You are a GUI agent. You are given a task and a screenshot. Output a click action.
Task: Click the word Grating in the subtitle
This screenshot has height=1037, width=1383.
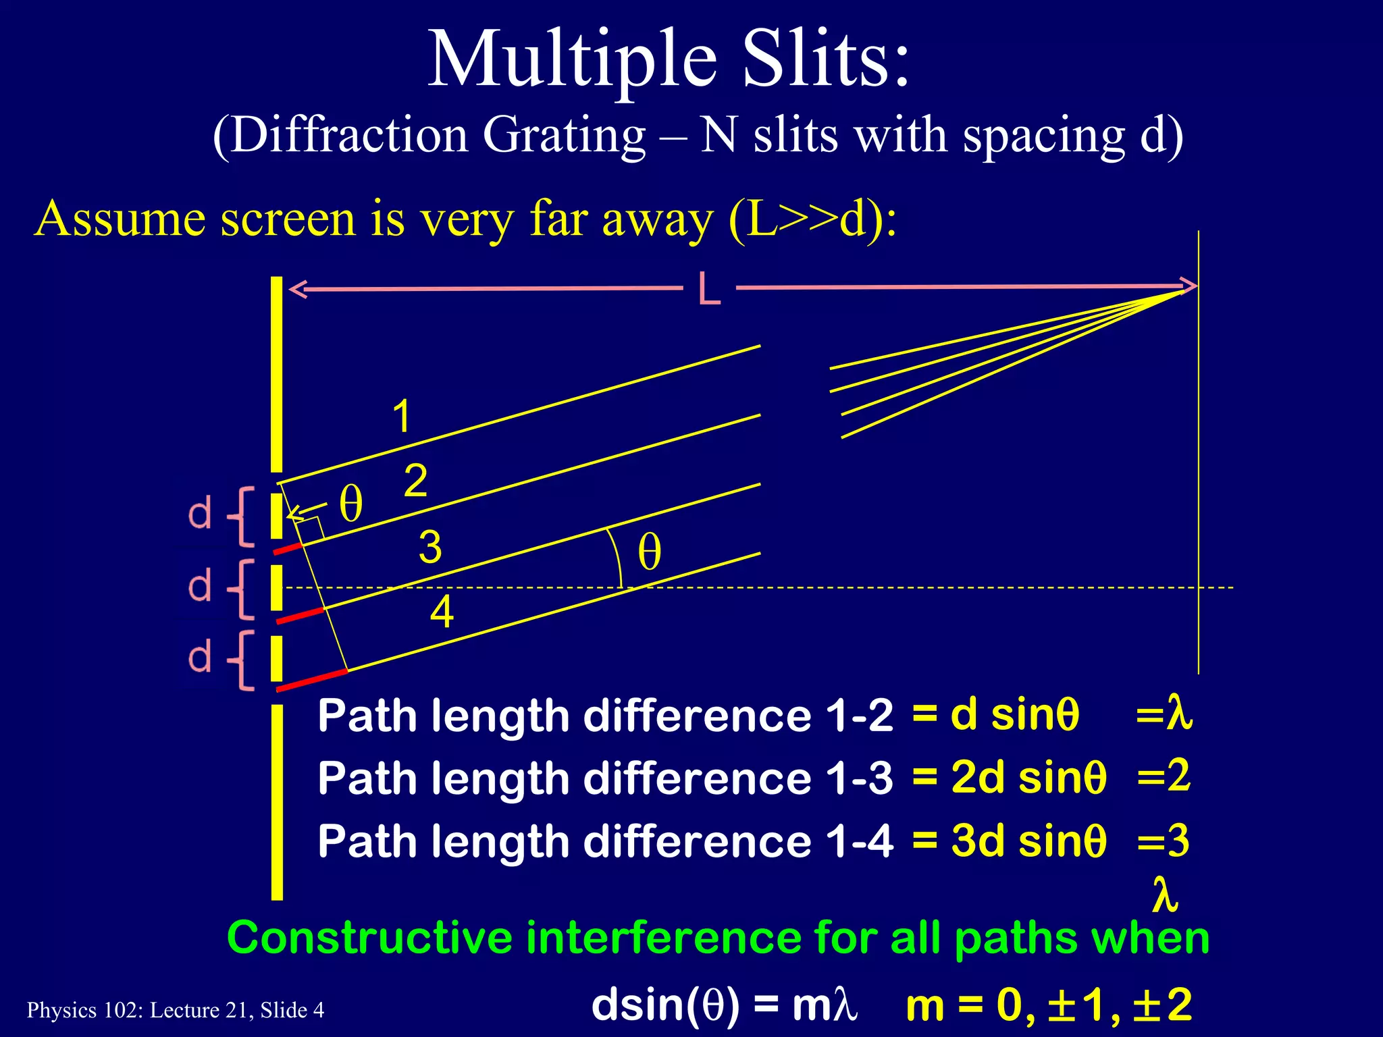click(565, 135)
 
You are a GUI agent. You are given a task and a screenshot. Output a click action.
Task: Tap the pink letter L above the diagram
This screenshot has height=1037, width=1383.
click(709, 289)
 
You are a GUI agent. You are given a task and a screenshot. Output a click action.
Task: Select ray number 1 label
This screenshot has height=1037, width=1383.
click(402, 416)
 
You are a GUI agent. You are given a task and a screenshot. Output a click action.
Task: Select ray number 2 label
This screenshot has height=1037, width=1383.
click(415, 481)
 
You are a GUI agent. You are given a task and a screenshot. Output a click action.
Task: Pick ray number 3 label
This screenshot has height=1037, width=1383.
click(430, 546)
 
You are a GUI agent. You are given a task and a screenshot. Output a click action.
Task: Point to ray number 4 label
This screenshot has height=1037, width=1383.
click(442, 612)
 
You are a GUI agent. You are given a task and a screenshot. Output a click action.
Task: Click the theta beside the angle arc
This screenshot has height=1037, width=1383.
click(649, 552)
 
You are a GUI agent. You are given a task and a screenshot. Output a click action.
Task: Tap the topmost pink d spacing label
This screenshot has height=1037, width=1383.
click(200, 514)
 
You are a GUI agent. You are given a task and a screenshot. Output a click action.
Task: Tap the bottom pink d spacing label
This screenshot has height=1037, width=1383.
click(200, 658)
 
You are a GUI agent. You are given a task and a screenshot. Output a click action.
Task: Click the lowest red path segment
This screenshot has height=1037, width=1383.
click(312, 680)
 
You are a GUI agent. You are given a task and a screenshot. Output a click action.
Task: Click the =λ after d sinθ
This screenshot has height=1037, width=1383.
click(1164, 714)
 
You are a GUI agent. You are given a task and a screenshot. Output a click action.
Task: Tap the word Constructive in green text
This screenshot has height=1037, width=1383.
click(370, 938)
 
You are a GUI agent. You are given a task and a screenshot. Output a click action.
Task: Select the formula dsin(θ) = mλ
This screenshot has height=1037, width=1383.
click(724, 1005)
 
